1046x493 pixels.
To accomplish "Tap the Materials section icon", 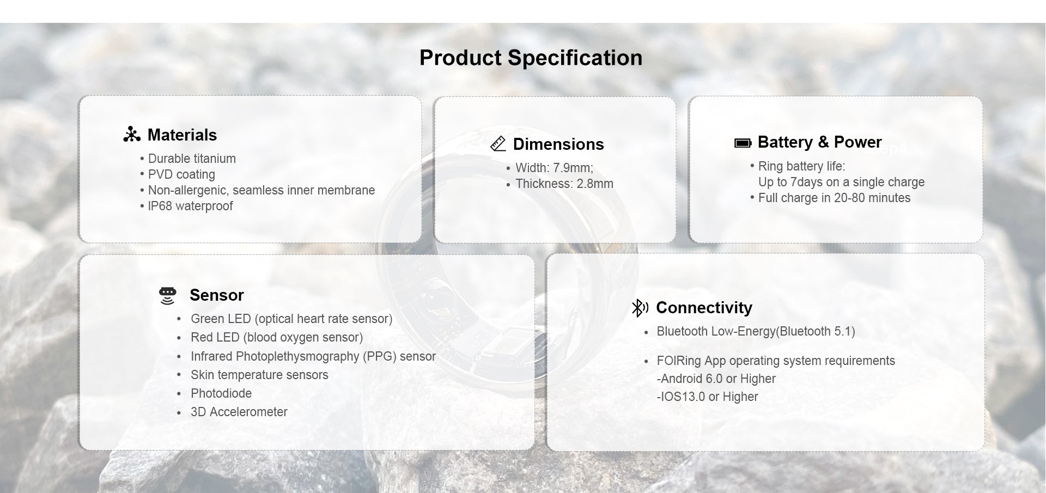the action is click(x=132, y=135).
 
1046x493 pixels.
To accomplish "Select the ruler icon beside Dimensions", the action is click(x=498, y=144).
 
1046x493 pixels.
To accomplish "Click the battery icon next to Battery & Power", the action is click(x=743, y=143).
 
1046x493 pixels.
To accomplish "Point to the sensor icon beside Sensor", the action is click(x=168, y=295).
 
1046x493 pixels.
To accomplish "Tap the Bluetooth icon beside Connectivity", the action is click(x=640, y=308).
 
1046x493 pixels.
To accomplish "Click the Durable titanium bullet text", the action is click(x=192, y=159).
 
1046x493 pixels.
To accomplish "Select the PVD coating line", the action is click(x=181, y=174).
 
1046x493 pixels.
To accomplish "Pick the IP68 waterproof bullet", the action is click(x=190, y=206).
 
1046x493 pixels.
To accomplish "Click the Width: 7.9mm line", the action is click(x=555, y=168).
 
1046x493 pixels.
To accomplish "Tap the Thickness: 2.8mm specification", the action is click(x=564, y=184).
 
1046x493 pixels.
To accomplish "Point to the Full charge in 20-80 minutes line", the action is click(x=834, y=198).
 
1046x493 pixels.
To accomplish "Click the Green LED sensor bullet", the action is click(x=291, y=319).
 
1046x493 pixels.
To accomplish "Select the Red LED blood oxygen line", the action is click(x=277, y=337).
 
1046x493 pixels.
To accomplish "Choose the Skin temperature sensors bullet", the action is click(x=259, y=375).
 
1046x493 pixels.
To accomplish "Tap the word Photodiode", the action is click(x=221, y=393).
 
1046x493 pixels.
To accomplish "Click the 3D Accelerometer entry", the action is click(x=239, y=412).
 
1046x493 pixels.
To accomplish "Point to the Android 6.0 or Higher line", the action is click(x=716, y=379).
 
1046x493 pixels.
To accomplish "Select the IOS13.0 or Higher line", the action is click(x=707, y=397).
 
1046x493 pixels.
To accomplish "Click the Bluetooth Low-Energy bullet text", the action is click(x=756, y=331).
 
